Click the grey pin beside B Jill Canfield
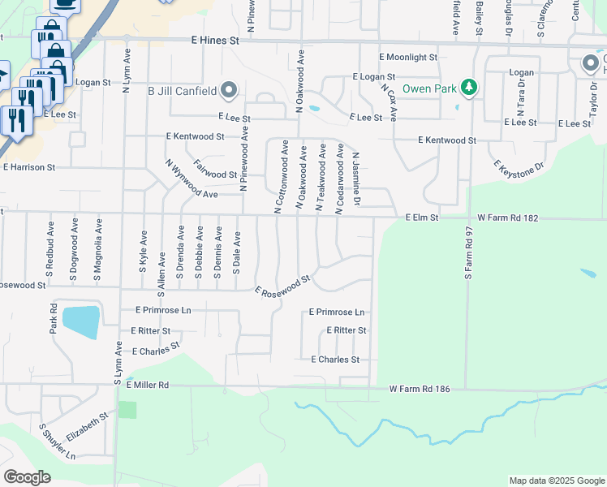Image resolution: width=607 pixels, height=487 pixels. coord(230,89)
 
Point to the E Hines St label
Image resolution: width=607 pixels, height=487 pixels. coord(215,39)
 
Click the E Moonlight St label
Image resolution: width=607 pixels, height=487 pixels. coord(407,58)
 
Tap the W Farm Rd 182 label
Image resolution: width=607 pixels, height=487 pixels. coord(508,218)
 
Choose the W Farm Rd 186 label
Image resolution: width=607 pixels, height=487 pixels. coord(420,390)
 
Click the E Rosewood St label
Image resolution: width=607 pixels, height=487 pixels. coord(282,285)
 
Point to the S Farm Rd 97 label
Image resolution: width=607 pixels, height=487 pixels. coord(468,254)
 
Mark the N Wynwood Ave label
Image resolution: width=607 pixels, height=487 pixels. coord(191,179)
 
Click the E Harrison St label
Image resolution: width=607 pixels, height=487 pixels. coord(29,167)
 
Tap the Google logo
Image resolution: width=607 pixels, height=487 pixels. coord(27,477)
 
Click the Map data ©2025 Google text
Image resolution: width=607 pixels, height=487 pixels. coord(556,481)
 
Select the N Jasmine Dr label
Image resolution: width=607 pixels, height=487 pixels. coord(355,179)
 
